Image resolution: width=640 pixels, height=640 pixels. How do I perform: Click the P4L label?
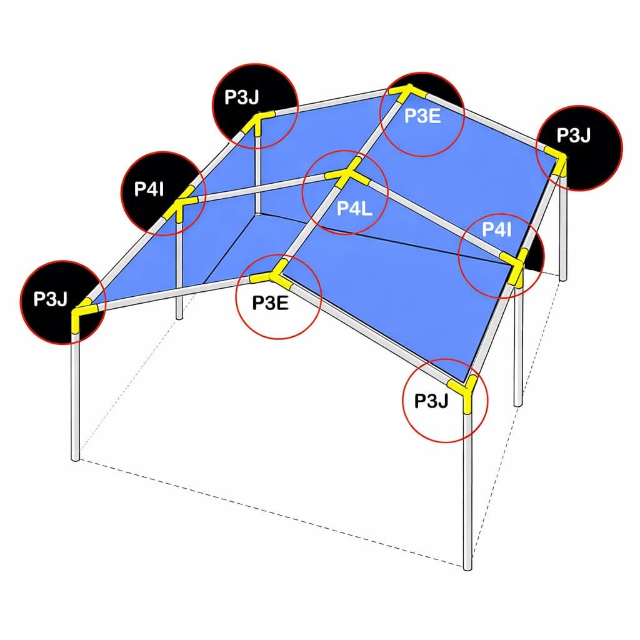pos(354,209)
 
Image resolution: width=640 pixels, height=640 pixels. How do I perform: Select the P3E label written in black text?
pos(269,302)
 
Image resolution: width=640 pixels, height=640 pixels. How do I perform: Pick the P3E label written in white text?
pos(422,116)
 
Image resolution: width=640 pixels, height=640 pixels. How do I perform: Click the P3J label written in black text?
pos(432,401)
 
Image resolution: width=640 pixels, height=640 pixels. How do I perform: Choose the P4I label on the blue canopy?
pos(497,231)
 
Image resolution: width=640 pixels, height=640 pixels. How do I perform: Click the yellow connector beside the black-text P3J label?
pos(467,391)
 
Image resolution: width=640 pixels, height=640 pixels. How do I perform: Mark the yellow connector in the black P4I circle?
pos(177,207)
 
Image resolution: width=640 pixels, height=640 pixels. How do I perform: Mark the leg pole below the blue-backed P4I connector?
pos(517,344)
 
